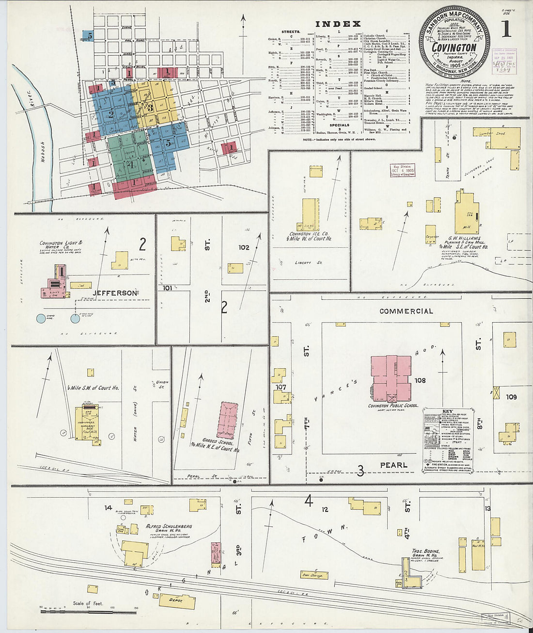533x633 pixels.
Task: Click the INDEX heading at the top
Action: click(338, 24)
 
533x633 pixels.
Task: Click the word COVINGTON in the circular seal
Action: click(454, 47)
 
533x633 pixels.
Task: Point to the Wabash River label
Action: click(43, 141)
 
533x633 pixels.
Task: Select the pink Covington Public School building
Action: click(392, 378)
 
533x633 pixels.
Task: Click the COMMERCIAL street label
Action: click(406, 311)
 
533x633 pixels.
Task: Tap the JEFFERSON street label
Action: click(115, 293)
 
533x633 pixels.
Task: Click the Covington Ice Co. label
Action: click(309, 236)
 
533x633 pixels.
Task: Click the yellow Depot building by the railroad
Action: click(177, 601)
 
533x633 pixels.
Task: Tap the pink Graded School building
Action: click(228, 420)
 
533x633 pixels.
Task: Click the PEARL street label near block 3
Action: click(393, 465)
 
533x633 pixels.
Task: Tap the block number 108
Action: click(420, 380)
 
